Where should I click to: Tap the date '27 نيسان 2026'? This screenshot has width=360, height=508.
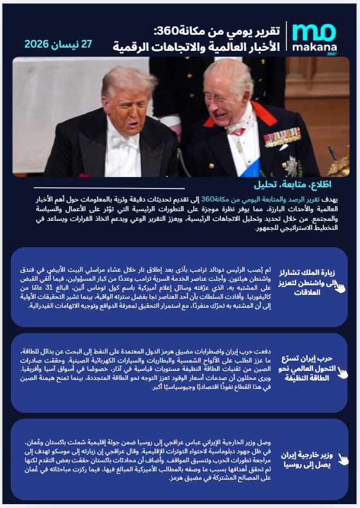click(x=59, y=44)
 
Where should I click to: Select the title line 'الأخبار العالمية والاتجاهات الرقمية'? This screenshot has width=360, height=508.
click(x=199, y=46)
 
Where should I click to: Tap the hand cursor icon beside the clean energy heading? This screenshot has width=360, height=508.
click(x=343, y=372)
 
